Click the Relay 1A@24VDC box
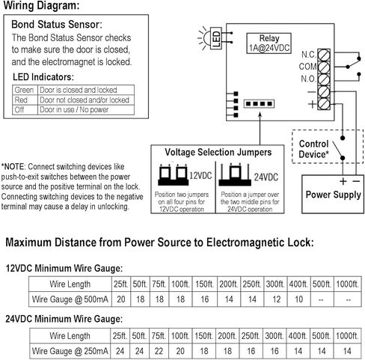[269, 43]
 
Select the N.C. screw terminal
[324, 55]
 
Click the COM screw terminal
[324, 67]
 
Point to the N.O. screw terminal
[324, 79]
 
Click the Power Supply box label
[334, 195]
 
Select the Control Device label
[313, 149]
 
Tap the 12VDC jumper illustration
[173, 174]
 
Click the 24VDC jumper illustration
[235, 174]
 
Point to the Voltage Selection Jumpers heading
[218, 152]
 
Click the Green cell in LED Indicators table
[25, 90]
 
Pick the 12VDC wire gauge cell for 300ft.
[275, 299]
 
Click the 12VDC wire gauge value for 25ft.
[121, 299]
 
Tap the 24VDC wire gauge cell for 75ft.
[159, 351]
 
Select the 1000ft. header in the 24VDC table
[347, 336]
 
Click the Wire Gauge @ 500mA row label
[70, 299]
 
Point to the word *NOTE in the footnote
[13, 166]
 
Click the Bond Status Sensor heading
[57, 25]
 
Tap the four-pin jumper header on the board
[259, 103]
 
